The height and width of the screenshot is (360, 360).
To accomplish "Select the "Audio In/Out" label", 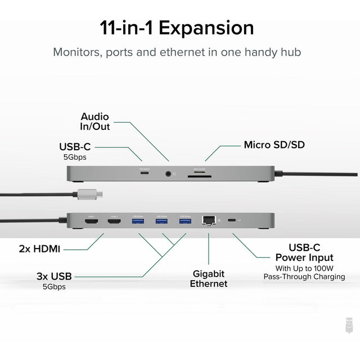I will tap(95, 121).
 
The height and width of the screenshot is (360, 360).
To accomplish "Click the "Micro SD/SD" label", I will tap(274, 145).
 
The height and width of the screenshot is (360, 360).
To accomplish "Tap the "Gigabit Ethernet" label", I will tap(208, 278).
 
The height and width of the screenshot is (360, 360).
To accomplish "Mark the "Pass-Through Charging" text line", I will tap(304, 277).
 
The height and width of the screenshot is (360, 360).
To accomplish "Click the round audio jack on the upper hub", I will tap(168, 174).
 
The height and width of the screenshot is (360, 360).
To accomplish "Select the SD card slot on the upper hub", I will tap(199, 174).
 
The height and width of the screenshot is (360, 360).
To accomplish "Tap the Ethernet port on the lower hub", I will tap(209, 220).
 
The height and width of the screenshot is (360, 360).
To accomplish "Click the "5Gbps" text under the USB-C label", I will tap(75, 157).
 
